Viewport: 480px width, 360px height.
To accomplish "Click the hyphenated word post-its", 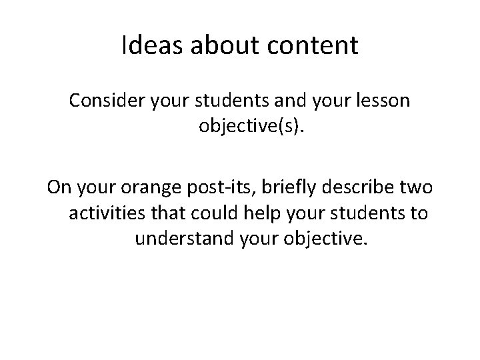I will [214, 188].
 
